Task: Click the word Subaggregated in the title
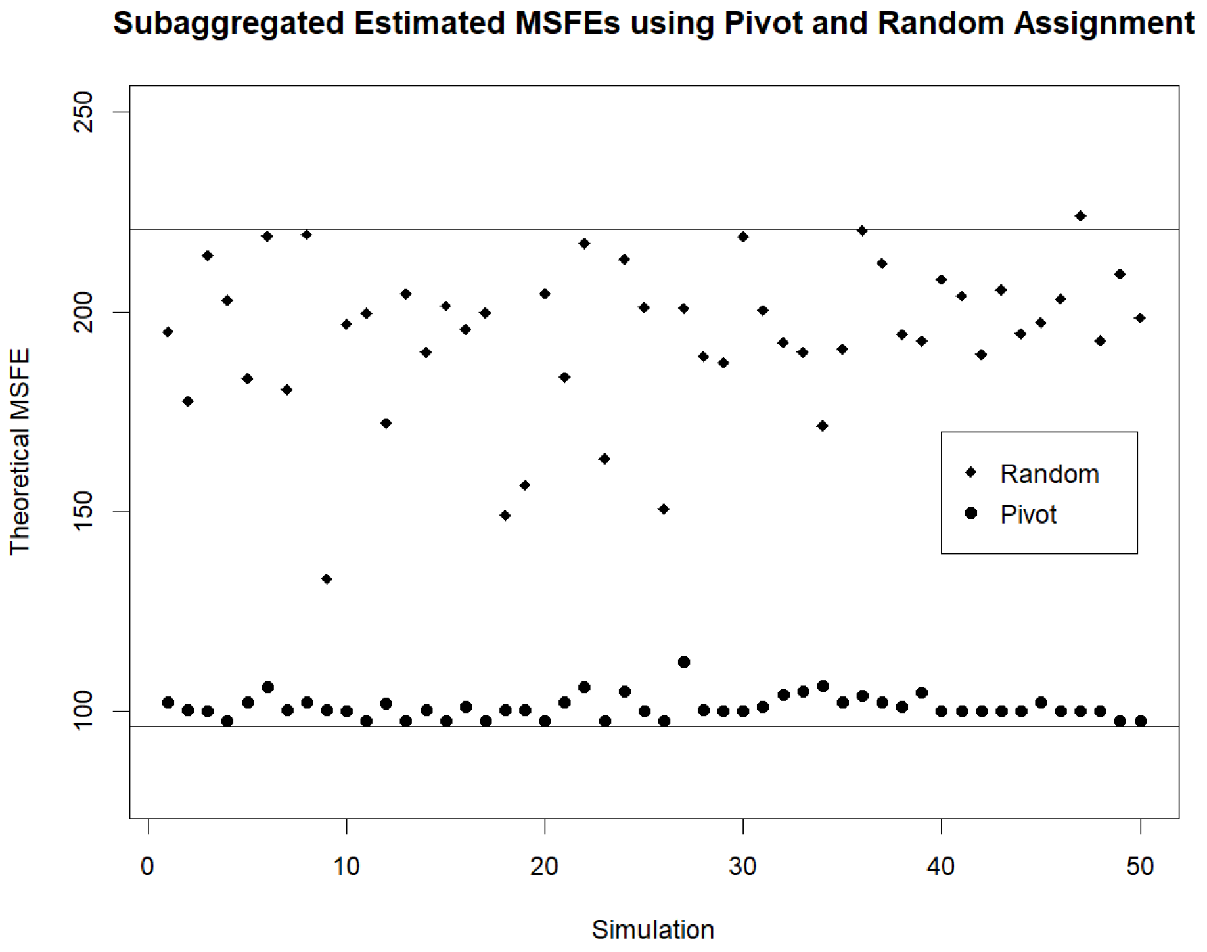click(x=228, y=24)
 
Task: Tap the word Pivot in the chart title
click(x=763, y=24)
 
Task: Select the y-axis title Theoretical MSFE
click(x=20, y=451)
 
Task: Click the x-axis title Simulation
click(x=652, y=930)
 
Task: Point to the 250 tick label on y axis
click(x=83, y=112)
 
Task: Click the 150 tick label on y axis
click(x=83, y=512)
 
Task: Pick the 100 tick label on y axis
click(x=83, y=712)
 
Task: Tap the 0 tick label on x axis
click(x=148, y=867)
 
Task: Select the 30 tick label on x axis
click(x=742, y=867)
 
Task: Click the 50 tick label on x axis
click(x=1140, y=867)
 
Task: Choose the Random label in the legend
click(x=1049, y=474)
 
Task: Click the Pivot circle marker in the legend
click(x=970, y=513)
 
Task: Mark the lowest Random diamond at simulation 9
click(x=327, y=579)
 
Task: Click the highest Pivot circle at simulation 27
click(x=683, y=662)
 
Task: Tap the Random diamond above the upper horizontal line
click(x=1080, y=216)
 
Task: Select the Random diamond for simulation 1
click(x=168, y=332)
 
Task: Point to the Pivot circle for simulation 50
click(x=1141, y=721)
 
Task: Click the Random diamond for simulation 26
click(x=664, y=509)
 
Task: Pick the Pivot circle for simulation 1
click(x=168, y=702)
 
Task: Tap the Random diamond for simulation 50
click(x=1140, y=318)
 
